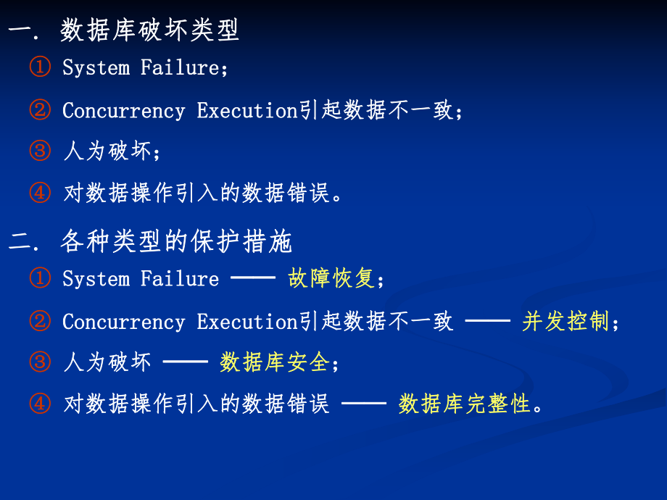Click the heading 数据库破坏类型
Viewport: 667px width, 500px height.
click(x=149, y=30)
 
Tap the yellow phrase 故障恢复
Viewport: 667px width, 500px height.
click(x=331, y=278)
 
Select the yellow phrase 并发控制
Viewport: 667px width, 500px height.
click(x=565, y=321)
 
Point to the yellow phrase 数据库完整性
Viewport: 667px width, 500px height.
click(x=465, y=404)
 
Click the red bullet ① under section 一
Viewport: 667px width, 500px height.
click(x=40, y=68)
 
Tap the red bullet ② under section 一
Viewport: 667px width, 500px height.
click(x=40, y=110)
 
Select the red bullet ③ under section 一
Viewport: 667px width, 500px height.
click(x=40, y=151)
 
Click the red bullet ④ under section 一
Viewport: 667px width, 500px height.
click(x=40, y=193)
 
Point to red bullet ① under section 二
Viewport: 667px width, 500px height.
click(x=40, y=279)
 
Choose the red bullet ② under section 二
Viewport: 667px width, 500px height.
click(x=40, y=322)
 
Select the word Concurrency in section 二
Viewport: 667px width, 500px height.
click(x=124, y=322)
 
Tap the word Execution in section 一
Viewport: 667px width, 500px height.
click(x=247, y=110)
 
